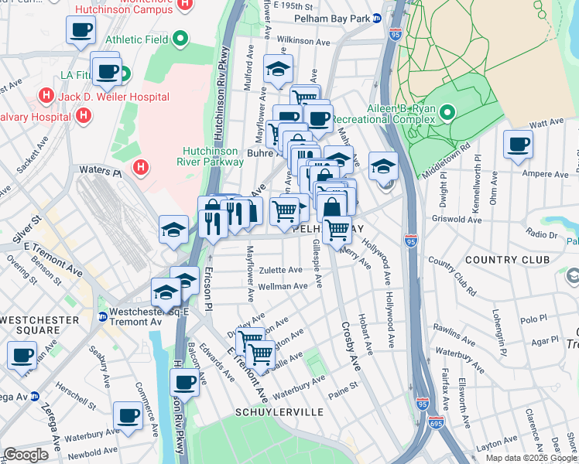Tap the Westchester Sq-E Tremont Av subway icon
pos(102,316)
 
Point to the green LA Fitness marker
pos(124,76)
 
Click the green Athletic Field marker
pos(180,37)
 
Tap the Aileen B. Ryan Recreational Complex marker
pos(447,114)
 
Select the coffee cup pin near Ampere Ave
pos(518,144)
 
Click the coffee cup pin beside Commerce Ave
pos(128,415)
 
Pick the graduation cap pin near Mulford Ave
pos(278,70)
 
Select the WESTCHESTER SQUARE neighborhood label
pos(39,325)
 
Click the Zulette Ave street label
pos(280,270)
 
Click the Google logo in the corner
pos(26,455)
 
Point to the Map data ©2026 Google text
pos(531,458)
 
